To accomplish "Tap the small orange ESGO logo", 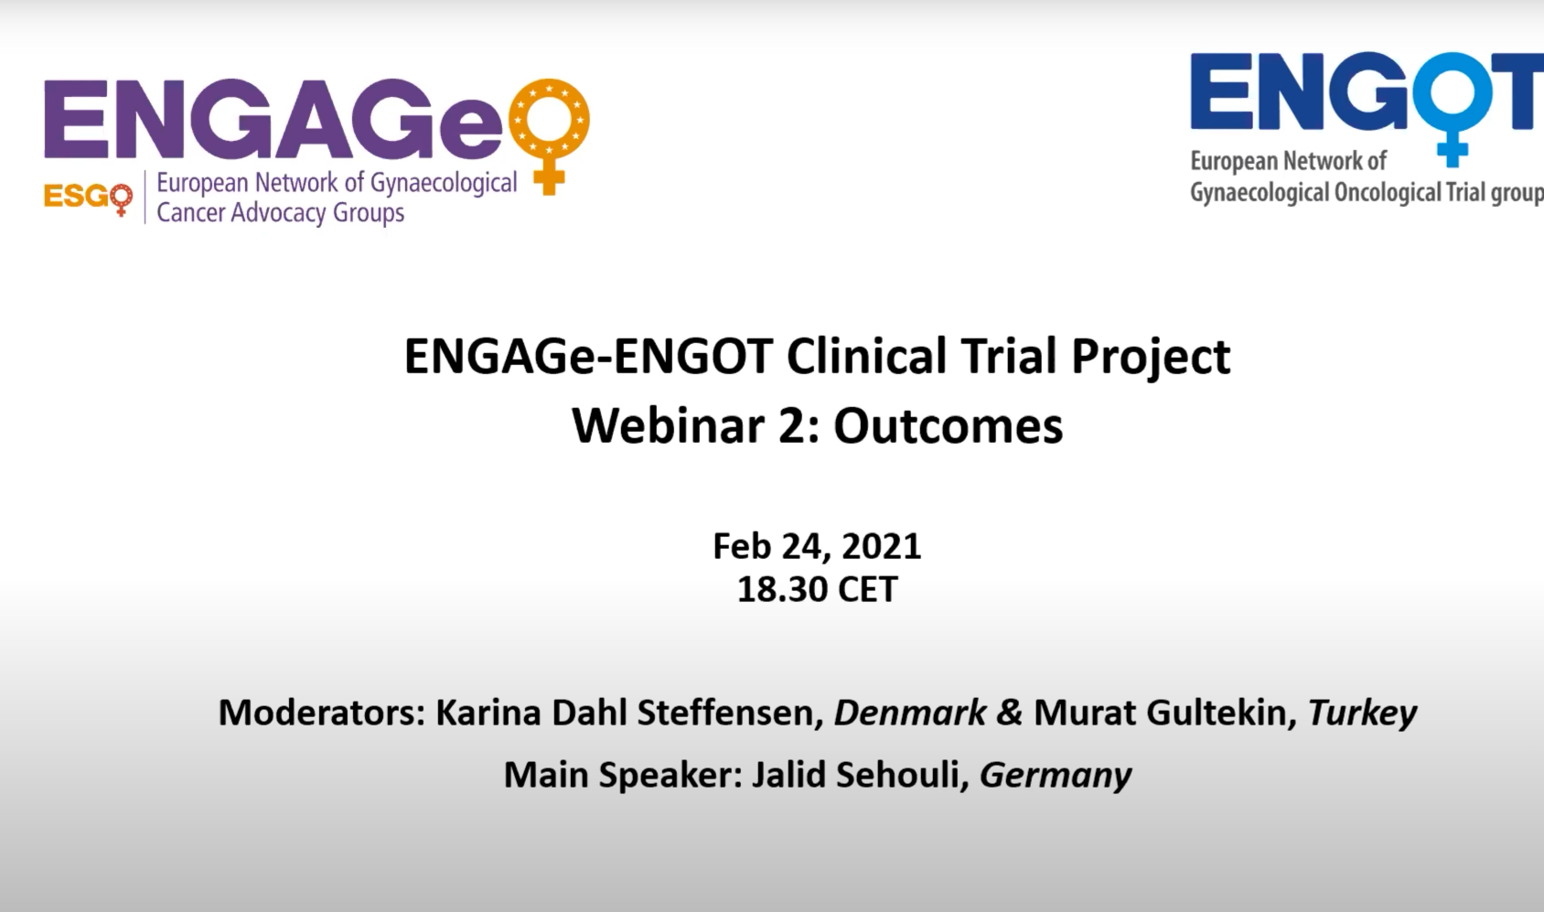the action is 88,198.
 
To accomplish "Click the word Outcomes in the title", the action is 949,426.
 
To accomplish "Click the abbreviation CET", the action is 868,589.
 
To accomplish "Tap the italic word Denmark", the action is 910,713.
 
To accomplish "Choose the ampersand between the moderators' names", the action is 1010,713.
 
